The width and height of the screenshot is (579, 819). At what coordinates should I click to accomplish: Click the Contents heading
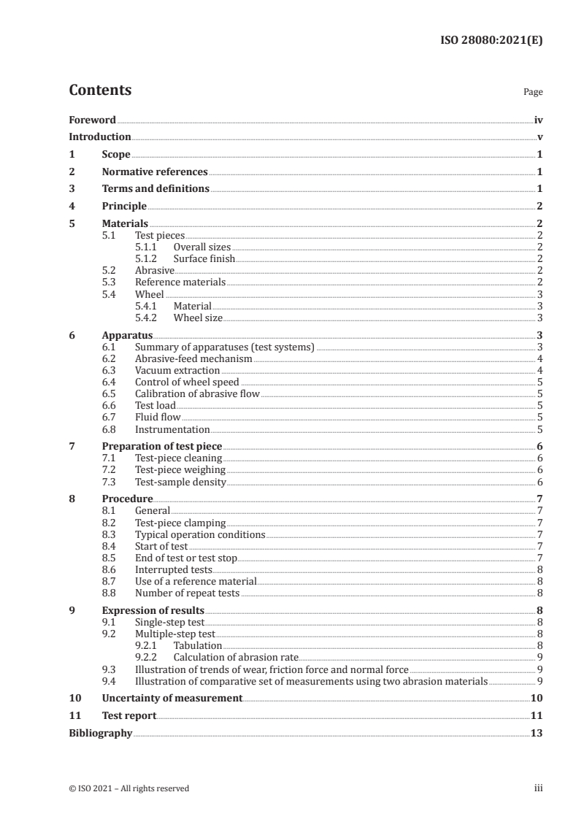(100, 91)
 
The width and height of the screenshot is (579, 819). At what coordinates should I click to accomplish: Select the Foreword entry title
(92, 120)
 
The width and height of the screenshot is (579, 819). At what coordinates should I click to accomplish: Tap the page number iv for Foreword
(538, 120)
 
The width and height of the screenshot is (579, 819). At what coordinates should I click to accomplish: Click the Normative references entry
(155, 172)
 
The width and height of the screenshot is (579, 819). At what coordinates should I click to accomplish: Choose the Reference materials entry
(180, 282)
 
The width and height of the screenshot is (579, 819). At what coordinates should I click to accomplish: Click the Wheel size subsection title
(198, 318)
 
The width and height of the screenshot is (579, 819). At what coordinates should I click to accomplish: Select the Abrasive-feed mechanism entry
(193, 358)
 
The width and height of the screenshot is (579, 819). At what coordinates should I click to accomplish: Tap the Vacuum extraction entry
(177, 370)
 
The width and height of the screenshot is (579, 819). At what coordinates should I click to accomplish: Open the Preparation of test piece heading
(162, 446)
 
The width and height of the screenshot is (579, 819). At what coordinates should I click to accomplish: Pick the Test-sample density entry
(180, 482)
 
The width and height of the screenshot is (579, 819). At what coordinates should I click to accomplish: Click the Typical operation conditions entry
(200, 534)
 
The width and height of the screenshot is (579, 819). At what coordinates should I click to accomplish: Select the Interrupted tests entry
(174, 569)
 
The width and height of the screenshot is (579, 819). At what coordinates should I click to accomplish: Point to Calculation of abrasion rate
(236, 657)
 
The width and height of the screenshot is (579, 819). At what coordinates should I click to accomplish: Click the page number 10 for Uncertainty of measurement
(537, 698)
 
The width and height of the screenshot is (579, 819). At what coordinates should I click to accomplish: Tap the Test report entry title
(129, 716)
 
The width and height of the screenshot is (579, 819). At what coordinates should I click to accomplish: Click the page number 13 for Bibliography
(537, 733)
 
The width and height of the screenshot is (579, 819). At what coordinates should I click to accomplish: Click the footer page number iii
(538, 788)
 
